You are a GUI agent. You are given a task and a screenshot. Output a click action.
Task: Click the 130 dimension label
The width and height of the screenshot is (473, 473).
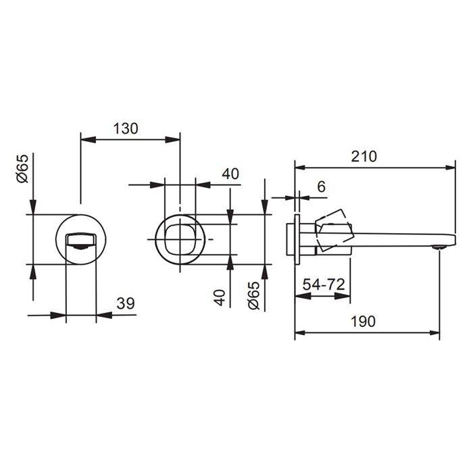coord(126,128)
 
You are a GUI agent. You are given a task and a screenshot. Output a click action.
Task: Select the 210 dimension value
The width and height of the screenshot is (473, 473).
coord(364,157)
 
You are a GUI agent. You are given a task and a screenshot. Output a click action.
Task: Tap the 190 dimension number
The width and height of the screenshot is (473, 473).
coord(364,321)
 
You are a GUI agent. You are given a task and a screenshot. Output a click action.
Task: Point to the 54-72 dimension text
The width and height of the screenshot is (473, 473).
coord(324,284)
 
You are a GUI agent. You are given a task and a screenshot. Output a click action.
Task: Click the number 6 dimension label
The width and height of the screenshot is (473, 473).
coord(322,187)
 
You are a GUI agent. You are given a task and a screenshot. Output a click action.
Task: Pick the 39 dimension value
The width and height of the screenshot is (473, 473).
coord(126,303)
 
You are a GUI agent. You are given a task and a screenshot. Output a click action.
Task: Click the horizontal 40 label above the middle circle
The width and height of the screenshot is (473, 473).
coord(230,174)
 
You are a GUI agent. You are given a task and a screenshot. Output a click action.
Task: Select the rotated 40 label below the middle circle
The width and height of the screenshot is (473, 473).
coord(220,298)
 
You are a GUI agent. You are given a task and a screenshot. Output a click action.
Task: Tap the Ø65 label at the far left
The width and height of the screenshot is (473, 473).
coord(22,168)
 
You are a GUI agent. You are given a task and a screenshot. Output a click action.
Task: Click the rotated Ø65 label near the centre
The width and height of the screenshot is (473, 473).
coord(253,295)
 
